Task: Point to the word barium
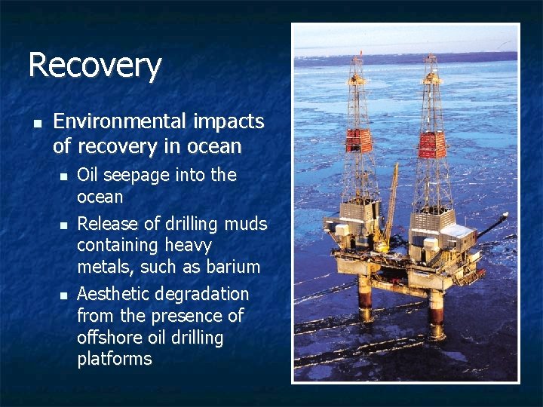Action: (x=235, y=267)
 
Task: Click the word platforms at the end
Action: (x=114, y=359)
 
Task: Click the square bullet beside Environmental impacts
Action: (x=35, y=122)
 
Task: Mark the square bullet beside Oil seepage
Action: (x=63, y=176)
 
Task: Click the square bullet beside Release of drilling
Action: (x=63, y=225)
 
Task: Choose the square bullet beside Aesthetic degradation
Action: (x=63, y=295)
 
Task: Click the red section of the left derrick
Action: (x=360, y=141)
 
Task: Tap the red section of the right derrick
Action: (x=432, y=145)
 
